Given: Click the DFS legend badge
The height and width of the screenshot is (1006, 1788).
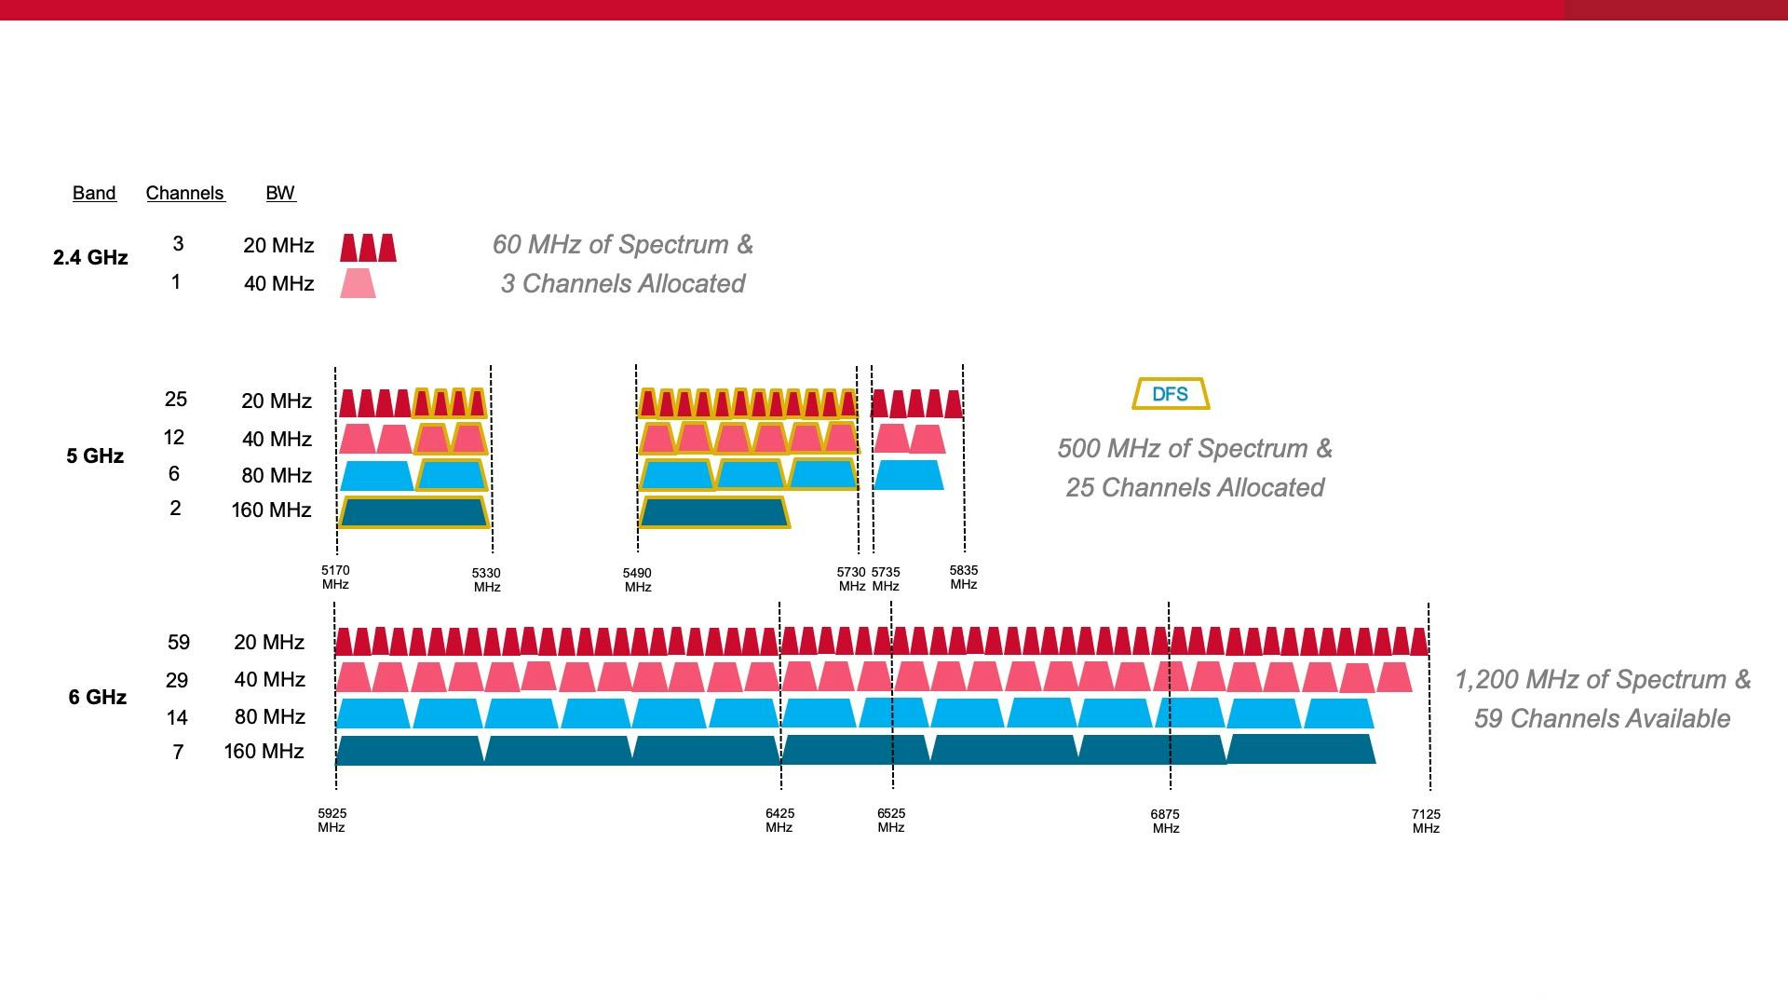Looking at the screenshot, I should pyautogui.click(x=1171, y=394).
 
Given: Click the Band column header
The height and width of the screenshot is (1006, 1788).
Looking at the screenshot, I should pyautogui.click(x=94, y=193).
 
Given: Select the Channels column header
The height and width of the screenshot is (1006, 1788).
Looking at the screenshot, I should pyautogui.click(x=185, y=193).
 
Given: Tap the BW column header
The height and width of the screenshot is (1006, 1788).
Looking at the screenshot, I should pyautogui.click(x=280, y=193).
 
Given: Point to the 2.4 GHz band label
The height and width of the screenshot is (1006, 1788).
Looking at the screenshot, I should pyautogui.click(x=90, y=257).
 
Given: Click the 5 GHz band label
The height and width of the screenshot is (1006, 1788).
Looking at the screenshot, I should pyautogui.click(x=95, y=455).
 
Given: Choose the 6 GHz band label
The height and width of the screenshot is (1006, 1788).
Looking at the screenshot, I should pyautogui.click(x=97, y=697).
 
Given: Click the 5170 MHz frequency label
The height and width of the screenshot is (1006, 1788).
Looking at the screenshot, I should pyautogui.click(x=335, y=578).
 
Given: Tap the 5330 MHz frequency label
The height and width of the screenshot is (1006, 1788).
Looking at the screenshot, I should pyautogui.click(x=486, y=579).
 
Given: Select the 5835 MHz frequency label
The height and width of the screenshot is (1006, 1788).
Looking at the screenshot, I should pyautogui.click(x=964, y=578).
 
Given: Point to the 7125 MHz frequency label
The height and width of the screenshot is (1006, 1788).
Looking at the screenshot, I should pyautogui.click(x=1426, y=821).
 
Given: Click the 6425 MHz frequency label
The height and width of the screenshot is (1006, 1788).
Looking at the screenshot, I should pyautogui.click(x=779, y=820).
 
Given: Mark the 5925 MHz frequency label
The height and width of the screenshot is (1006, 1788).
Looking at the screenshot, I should pyautogui.click(x=332, y=820).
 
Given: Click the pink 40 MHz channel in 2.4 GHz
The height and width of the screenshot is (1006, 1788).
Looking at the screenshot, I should pyautogui.click(x=358, y=283).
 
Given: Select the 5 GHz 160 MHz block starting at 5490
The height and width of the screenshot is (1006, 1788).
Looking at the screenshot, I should pyautogui.click(x=713, y=512).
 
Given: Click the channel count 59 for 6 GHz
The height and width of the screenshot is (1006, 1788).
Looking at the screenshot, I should pyautogui.click(x=178, y=643).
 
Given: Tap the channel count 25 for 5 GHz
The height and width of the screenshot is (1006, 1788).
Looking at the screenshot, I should pyautogui.click(x=175, y=400).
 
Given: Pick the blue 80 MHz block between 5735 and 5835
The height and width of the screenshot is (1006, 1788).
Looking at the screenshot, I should pyautogui.click(x=908, y=475).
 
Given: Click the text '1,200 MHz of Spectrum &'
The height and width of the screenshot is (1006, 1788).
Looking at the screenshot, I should pyautogui.click(x=1603, y=679).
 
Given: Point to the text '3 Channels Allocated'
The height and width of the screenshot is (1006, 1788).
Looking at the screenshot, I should pyautogui.click(x=622, y=283).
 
